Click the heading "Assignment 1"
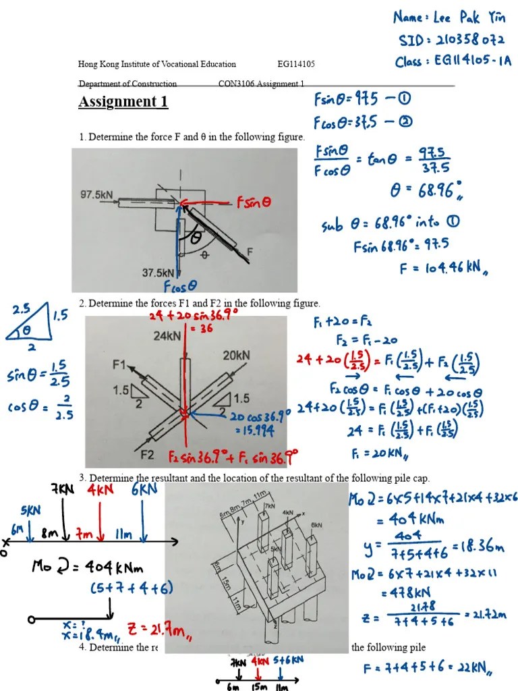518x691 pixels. (x=123, y=103)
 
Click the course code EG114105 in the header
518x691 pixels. (x=296, y=65)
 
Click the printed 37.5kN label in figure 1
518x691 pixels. (x=159, y=273)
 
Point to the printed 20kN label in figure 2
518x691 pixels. (x=237, y=354)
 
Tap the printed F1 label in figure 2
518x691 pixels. (x=119, y=365)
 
